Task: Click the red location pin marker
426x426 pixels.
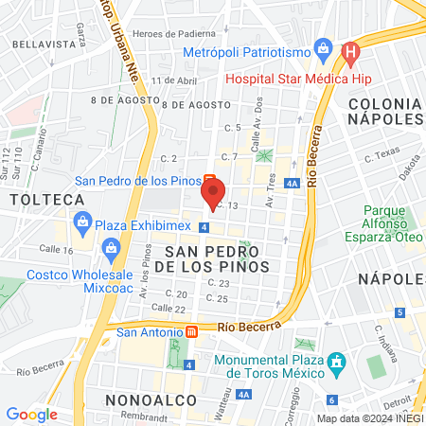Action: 212,193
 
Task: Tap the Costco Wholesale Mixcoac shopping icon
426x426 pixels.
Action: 113,250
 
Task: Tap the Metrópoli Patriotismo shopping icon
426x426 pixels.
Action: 324,47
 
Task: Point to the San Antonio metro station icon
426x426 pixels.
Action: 190,332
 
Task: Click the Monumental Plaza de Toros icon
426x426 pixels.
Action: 334,362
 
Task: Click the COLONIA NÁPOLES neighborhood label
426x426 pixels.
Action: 383,110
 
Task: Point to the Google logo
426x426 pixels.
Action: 31,414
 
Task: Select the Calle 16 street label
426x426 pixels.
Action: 56,250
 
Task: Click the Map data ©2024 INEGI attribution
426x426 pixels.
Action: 368,418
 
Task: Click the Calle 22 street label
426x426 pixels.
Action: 168,308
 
